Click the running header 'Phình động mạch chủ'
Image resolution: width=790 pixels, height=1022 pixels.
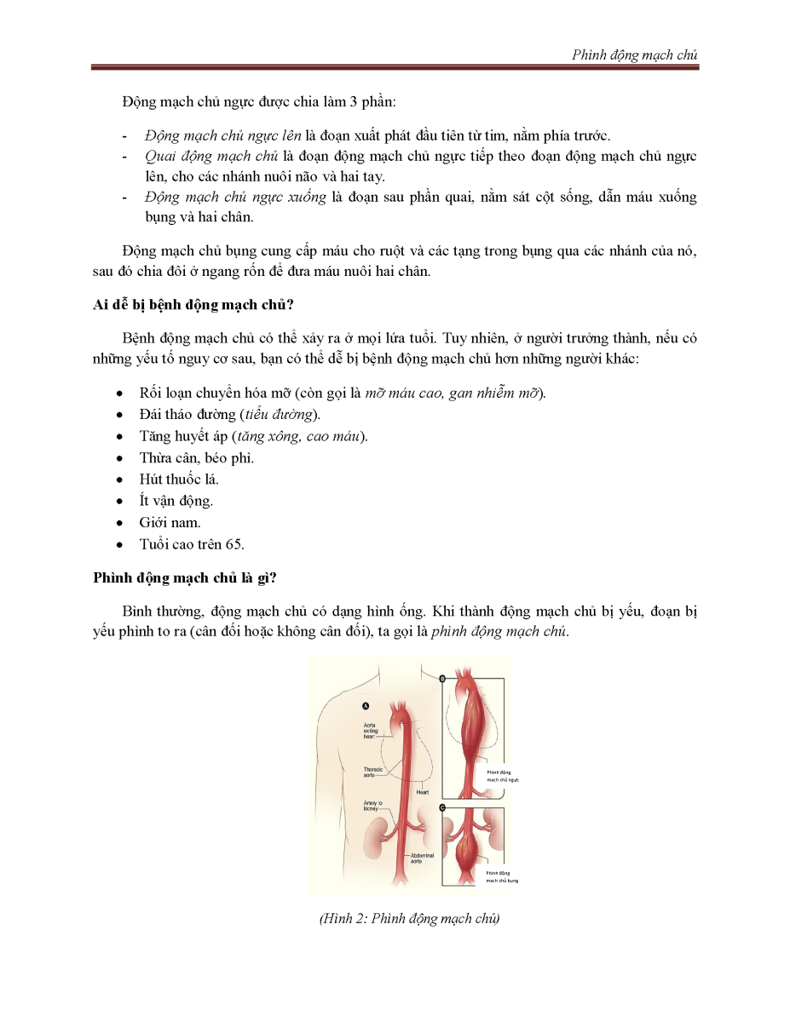636,55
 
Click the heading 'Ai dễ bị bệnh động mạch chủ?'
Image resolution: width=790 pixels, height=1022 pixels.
193,306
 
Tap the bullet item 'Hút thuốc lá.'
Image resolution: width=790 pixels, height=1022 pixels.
179,479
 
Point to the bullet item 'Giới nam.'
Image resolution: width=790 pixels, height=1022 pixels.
170,522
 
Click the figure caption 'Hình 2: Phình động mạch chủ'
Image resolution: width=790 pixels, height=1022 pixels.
409,918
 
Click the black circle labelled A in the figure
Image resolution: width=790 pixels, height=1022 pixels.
366,705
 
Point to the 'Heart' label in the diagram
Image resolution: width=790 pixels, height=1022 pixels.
422,793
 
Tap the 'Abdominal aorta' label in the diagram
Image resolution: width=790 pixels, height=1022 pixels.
423,858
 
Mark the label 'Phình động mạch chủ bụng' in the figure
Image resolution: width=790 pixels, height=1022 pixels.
502,876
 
